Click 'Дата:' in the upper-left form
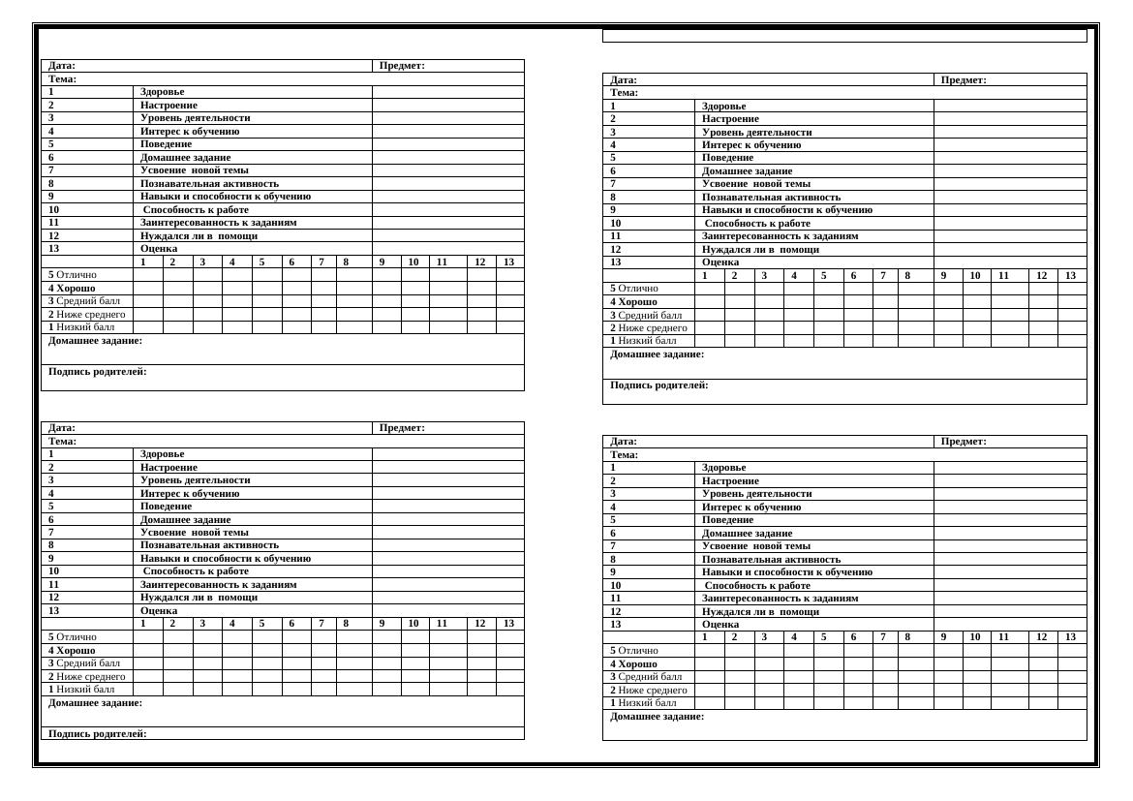[62, 66]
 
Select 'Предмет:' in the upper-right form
[964, 79]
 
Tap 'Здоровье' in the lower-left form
[162, 453]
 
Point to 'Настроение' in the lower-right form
[730, 480]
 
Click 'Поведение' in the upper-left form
[166, 144]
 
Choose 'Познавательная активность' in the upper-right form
[771, 197]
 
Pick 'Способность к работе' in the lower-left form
[196, 570]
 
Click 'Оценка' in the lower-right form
[720, 624]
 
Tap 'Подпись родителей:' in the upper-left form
[98, 372]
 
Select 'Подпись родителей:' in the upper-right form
[659, 385]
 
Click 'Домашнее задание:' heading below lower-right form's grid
[658, 717]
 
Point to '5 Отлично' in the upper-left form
[73, 274]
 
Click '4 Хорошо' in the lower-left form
[72, 650]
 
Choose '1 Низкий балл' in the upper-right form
[643, 340]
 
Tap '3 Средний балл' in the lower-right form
[646, 676]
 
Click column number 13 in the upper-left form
[509, 262]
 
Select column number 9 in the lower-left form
[383, 623]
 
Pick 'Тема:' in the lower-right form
[625, 454]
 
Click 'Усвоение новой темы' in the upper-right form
[756, 183]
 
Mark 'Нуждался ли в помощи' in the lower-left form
[199, 597]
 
